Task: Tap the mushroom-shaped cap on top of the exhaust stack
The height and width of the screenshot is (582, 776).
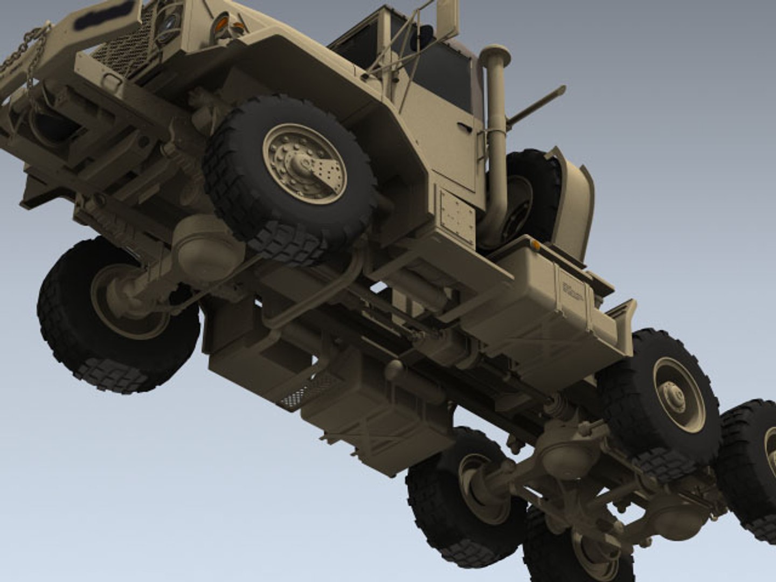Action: (494, 53)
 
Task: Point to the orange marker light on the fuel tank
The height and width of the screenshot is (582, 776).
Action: (536, 245)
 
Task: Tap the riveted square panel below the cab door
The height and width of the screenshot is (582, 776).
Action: (458, 214)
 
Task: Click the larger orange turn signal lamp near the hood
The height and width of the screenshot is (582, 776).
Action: (221, 23)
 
